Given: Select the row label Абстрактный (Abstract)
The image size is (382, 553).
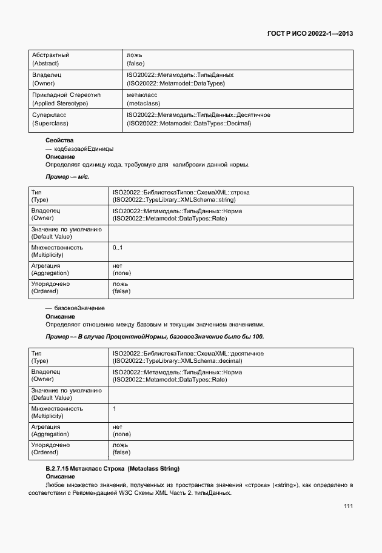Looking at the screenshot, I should [50, 59].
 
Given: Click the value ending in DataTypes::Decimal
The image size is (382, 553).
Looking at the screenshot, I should [189, 124].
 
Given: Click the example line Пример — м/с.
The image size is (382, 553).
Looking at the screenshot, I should [68, 176].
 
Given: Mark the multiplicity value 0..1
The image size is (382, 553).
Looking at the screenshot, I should [118, 247].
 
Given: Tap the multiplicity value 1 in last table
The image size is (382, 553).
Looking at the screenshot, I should [115, 409].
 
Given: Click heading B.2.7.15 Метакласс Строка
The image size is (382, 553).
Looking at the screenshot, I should [113, 469].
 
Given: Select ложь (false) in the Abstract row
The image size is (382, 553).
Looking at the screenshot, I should [135, 59].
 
